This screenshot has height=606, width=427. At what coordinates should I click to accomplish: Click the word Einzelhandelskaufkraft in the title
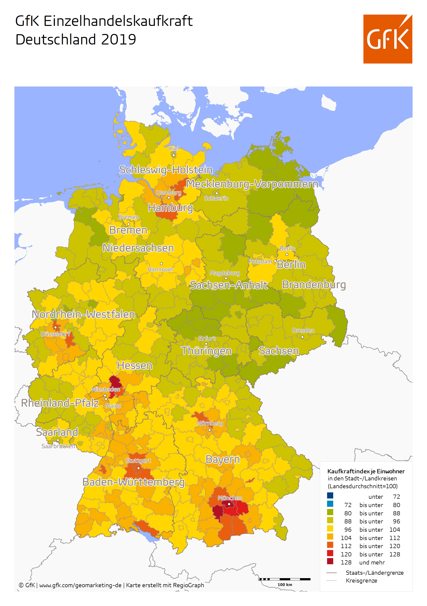pyautogui.click(x=118, y=21)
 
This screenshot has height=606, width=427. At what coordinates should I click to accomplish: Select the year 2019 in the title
pyautogui.click(x=118, y=40)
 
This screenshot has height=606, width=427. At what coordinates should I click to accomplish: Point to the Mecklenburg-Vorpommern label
pyautogui.click(x=252, y=184)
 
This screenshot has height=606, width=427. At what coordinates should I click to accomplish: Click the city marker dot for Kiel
pyautogui.click(x=173, y=155)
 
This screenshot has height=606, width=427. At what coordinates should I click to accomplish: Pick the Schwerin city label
pyautogui.click(x=216, y=198)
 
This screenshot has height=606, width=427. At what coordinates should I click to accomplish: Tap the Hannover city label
pyautogui.click(x=160, y=269)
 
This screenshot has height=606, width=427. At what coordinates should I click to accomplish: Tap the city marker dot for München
pyautogui.click(x=229, y=504)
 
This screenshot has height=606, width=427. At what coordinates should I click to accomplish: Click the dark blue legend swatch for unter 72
pyautogui.click(x=330, y=495)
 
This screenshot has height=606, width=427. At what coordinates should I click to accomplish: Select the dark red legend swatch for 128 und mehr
pyautogui.click(x=330, y=561)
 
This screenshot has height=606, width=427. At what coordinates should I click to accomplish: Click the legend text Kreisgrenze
pyautogui.click(x=361, y=580)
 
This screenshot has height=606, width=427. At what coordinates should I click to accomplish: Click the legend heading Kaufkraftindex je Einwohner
pyautogui.click(x=365, y=471)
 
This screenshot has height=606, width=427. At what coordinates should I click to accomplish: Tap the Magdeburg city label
pyautogui.click(x=224, y=273)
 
